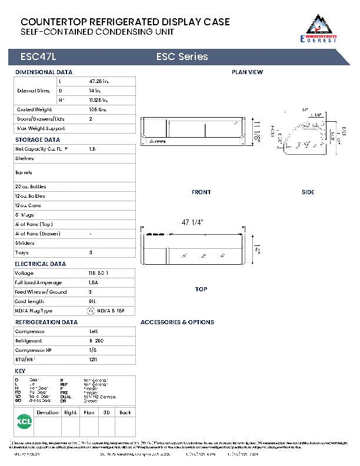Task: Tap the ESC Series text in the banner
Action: point(182,57)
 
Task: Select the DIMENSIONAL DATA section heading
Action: point(44,72)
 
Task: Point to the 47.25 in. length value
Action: point(99,81)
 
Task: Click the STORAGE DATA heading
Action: point(37,140)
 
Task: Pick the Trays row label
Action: point(22,252)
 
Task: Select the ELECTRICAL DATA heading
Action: point(40,264)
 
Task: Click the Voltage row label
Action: point(24,274)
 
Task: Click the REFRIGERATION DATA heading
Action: point(46,322)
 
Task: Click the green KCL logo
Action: point(24,422)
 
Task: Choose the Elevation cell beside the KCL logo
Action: point(48,412)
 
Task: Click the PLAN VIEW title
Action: point(247,72)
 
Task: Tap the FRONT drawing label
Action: point(201,192)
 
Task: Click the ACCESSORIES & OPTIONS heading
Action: point(177,322)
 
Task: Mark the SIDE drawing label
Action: point(308,192)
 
